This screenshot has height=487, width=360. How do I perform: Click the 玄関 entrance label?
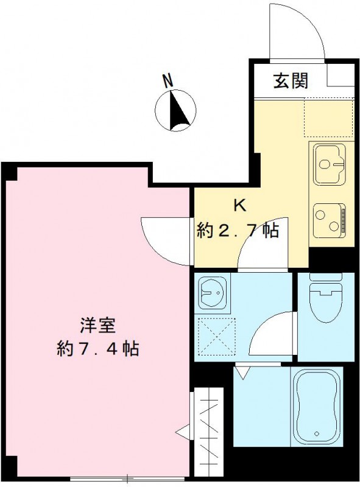290,80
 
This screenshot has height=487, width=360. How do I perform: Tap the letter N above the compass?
168,80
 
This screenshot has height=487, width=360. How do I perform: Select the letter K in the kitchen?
240,205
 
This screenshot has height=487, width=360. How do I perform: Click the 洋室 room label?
96,324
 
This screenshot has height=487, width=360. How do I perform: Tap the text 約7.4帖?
96,348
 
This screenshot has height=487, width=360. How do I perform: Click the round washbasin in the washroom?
212,293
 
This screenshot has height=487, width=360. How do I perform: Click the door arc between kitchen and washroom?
256,250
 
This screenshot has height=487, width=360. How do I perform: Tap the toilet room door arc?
272,335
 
